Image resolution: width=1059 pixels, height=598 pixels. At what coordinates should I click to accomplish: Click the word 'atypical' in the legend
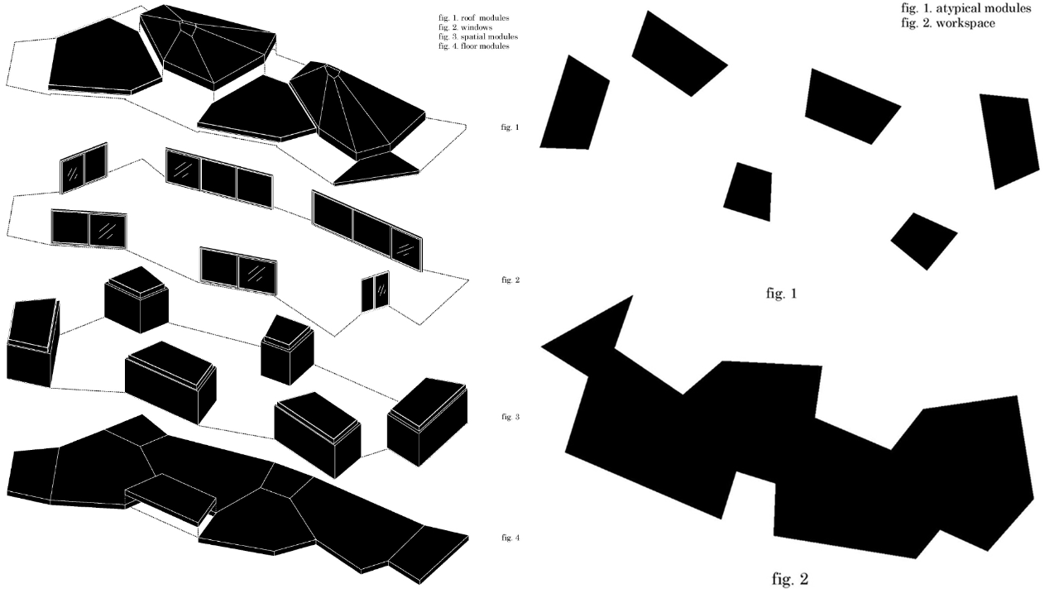[962, 8]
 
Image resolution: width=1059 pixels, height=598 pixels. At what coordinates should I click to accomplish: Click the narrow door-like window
[375, 293]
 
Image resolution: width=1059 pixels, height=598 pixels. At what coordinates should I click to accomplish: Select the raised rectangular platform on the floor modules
[171, 496]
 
